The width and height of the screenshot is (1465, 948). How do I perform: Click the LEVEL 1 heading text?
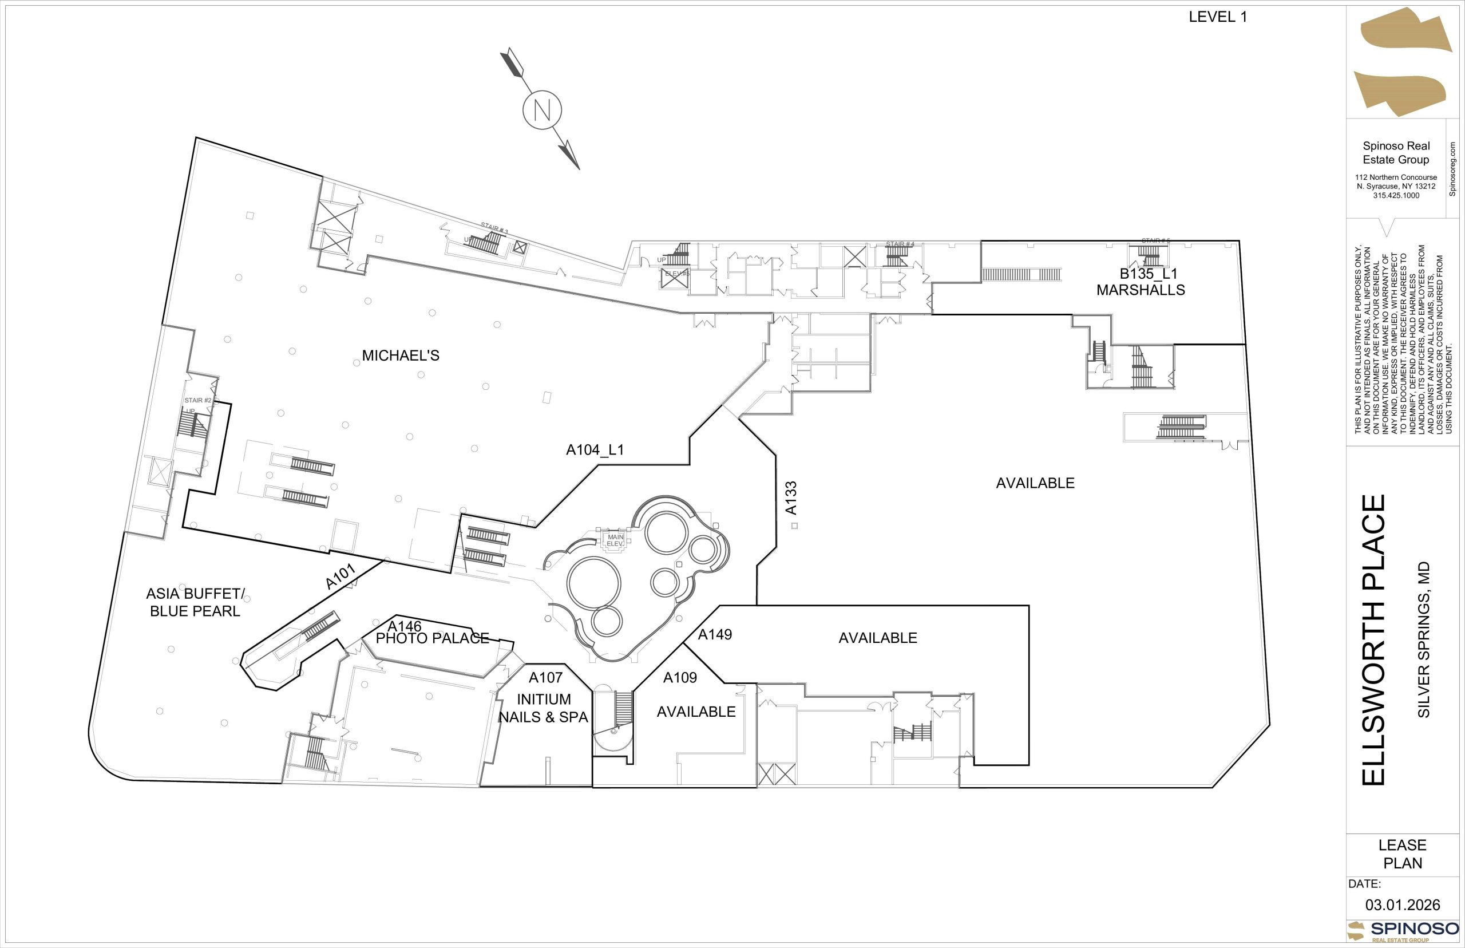tap(1218, 17)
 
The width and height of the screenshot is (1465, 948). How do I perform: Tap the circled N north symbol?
tap(542, 110)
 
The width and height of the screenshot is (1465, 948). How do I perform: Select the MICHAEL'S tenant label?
tap(401, 356)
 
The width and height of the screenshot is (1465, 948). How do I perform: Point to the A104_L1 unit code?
tap(595, 451)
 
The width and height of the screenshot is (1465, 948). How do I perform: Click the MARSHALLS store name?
tap(1140, 290)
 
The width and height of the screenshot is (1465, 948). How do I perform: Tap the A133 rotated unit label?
tap(791, 498)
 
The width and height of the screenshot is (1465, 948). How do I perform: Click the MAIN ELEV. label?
tap(615, 540)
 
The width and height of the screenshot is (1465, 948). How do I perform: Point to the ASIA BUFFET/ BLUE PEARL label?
tap(195, 603)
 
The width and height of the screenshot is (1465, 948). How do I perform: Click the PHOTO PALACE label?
tap(432, 638)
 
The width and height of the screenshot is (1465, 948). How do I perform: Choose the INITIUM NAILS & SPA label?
tap(543, 708)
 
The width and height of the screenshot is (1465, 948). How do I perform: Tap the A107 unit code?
tap(546, 678)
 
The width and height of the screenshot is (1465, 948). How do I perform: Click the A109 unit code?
tap(680, 678)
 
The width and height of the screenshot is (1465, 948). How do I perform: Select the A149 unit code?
tap(714, 635)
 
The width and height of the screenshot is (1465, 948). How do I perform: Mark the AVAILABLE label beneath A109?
tap(696, 712)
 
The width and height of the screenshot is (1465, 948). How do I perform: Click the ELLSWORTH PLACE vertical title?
tap(1374, 640)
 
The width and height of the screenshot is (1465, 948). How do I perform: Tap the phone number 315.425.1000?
tap(1396, 196)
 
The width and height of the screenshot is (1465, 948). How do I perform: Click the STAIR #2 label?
tap(197, 401)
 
